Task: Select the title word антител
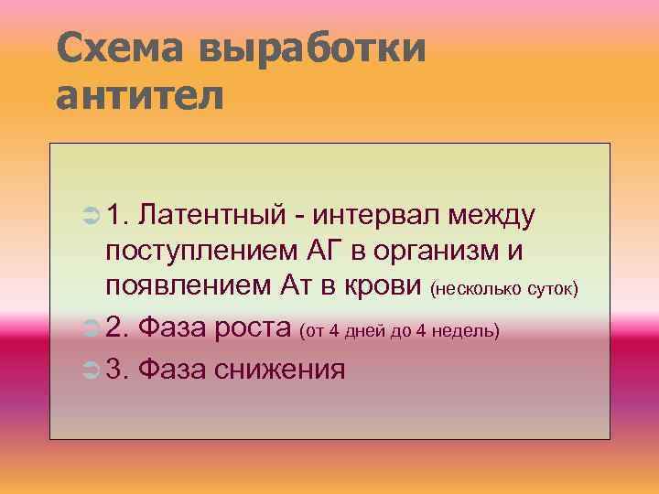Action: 140,94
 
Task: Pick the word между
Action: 492,217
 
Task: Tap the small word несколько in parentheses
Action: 480,290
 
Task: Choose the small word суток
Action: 552,290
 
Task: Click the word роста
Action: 256,328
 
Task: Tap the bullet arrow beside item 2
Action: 89,328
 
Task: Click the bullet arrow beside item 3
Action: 89,370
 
